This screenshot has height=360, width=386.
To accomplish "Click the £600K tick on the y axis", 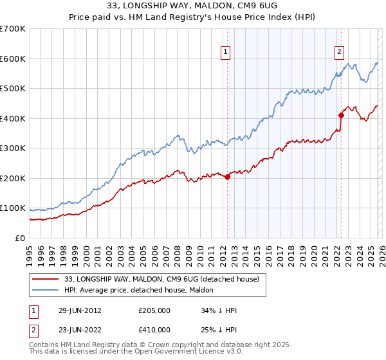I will tap(13, 59).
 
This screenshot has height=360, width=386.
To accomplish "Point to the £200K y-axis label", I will tap(13, 178).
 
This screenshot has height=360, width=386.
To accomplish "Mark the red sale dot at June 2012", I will tap(228, 177).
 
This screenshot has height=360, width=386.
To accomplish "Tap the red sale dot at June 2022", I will tap(341, 115).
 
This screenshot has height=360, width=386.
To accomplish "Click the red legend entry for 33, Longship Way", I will tap(161, 279).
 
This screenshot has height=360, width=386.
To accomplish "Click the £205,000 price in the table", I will tap(154, 310).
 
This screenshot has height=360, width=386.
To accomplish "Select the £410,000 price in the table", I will tap(154, 330).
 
